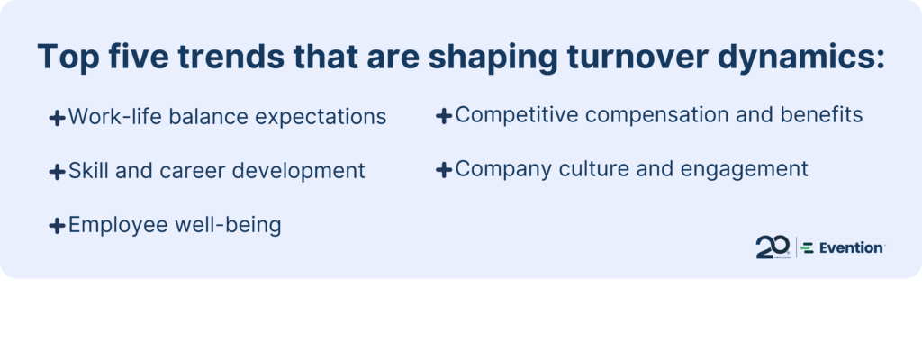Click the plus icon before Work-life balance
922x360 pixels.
57,118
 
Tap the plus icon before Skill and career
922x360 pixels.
57,172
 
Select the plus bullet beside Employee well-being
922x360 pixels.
57,225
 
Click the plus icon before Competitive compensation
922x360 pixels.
444,115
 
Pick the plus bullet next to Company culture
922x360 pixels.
444,170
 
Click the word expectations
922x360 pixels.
321,117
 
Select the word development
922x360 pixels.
298,171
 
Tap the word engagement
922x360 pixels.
745,169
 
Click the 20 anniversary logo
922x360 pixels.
773,247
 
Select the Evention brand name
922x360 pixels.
851,248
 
